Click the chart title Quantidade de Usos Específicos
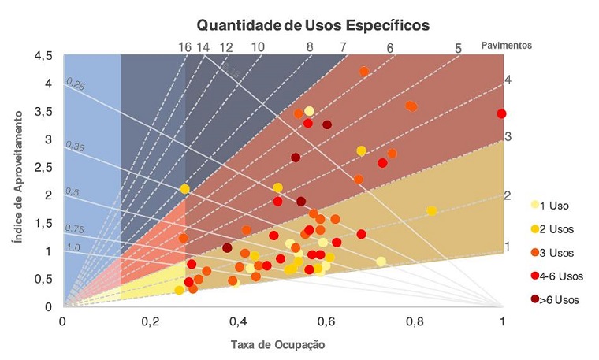313,25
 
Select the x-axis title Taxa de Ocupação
277,345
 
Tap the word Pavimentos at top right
506,45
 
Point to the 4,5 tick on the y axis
43,56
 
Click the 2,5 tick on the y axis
43,167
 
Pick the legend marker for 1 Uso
536,206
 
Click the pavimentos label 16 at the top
185,47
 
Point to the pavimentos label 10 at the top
258,47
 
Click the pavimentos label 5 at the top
458,48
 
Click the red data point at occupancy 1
502,113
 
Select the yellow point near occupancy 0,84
432,210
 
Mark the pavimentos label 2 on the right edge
508,195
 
